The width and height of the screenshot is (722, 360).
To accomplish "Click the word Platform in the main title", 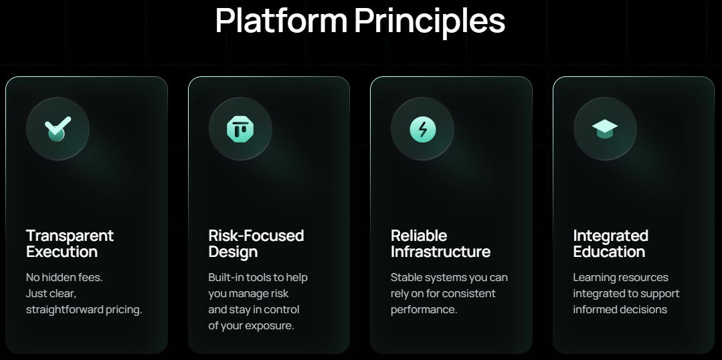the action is click(x=281, y=20).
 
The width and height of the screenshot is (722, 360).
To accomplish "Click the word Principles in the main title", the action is click(x=430, y=21).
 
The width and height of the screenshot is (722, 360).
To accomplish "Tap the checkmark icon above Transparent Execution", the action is click(x=58, y=129).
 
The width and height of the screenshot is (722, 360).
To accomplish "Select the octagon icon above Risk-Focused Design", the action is click(x=240, y=129).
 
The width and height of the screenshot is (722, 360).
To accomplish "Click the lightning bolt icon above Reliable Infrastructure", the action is click(x=422, y=129).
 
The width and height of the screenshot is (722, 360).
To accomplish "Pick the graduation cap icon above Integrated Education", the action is click(x=605, y=129).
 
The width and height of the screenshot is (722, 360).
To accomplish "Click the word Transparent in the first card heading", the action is click(x=70, y=236).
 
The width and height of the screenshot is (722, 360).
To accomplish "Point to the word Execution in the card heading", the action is click(x=62, y=252).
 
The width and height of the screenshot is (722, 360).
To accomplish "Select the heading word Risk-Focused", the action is click(x=256, y=236).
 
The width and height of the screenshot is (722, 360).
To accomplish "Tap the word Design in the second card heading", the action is click(x=233, y=252).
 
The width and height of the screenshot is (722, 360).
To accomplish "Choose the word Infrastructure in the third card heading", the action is click(x=441, y=252).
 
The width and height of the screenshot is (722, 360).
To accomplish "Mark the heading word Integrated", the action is click(x=610, y=236).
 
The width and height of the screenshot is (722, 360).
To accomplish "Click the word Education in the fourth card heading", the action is click(x=609, y=252).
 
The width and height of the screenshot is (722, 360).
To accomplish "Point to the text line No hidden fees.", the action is click(x=64, y=278).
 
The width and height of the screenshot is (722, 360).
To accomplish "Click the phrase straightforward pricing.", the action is click(x=84, y=310).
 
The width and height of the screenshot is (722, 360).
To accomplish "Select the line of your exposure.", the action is click(x=251, y=326).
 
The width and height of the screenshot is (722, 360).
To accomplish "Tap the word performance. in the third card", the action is click(x=424, y=310).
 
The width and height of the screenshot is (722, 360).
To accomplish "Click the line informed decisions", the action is click(x=620, y=309).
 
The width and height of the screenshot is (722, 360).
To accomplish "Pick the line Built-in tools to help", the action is click(x=258, y=278).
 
